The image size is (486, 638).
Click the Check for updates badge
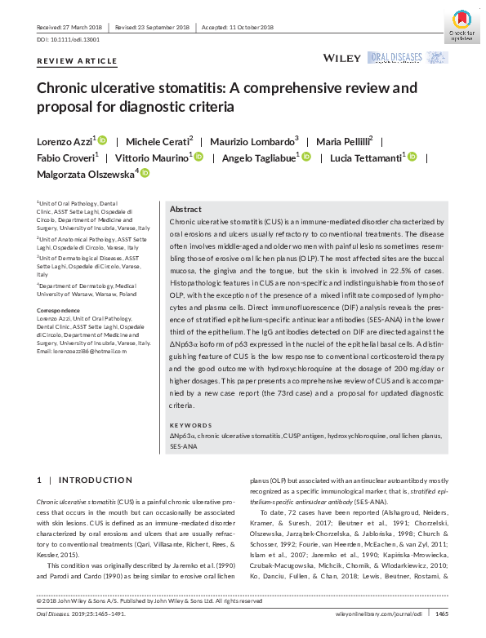pos(461,22)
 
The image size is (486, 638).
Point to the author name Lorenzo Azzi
pos(65,141)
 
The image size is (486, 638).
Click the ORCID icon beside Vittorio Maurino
pos(198,157)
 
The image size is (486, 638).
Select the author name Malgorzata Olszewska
pos(86,173)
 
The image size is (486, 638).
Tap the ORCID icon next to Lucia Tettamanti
pos(412,157)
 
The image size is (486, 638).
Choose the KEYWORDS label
pos(190,425)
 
